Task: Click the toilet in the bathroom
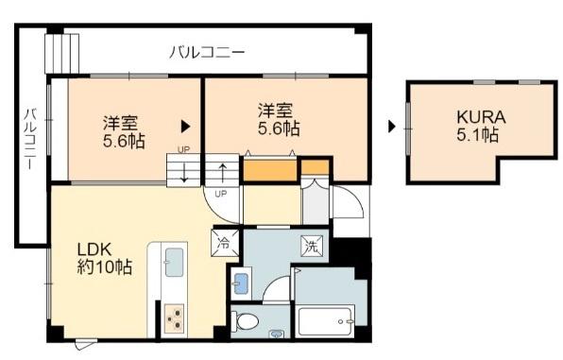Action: pyautogui.click(x=246, y=321)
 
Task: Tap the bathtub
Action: pyautogui.click(x=327, y=321)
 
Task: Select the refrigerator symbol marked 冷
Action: pyautogui.click(x=225, y=243)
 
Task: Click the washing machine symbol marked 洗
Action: pyautogui.click(x=312, y=246)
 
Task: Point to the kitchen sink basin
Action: pyautogui.click(x=174, y=263)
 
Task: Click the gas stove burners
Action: pyautogui.click(x=175, y=319)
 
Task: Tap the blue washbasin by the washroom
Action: pyautogui.click(x=241, y=283)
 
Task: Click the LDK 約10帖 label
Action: pyautogui.click(x=105, y=258)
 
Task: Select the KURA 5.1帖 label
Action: pyautogui.click(x=481, y=126)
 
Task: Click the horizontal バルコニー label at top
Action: pyautogui.click(x=207, y=53)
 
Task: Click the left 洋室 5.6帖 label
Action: pyautogui.click(x=124, y=132)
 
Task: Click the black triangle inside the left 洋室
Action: pyautogui.click(x=185, y=127)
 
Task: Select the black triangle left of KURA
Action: pyautogui.click(x=392, y=127)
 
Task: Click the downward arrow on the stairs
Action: pyautogui.click(x=184, y=173)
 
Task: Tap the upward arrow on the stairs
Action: pyautogui.click(x=222, y=173)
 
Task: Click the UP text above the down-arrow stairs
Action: pyautogui.click(x=183, y=149)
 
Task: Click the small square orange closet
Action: pyautogui.click(x=315, y=167)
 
